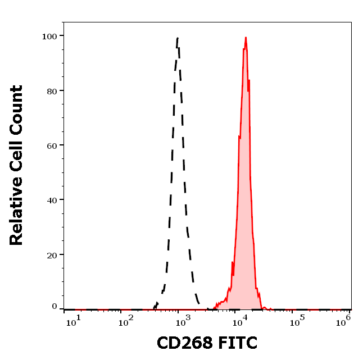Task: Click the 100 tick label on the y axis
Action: tap(49, 36)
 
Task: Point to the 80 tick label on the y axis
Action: tap(52, 90)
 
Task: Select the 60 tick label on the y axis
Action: tap(52, 145)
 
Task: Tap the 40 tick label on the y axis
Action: tap(52, 199)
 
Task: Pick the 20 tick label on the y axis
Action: tap(52, 254)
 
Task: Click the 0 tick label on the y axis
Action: tap(55, 307)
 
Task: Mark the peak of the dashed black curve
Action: tap(178, 38)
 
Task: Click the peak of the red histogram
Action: tap(246, 38)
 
